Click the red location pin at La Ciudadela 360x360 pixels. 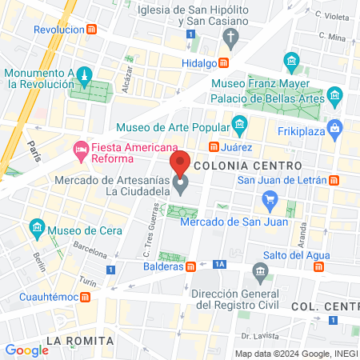[x=181, y=165]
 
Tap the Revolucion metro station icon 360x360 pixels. [x=93, y=30]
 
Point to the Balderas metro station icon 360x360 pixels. [x=190, y=267]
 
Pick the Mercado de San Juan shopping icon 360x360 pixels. [x=270, y=200]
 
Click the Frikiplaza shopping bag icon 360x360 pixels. [x=334, y=126]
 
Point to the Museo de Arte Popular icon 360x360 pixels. [x=238, y=125]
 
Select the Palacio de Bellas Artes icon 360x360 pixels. [x=334, y=97]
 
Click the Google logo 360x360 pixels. [x=26, y=350]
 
